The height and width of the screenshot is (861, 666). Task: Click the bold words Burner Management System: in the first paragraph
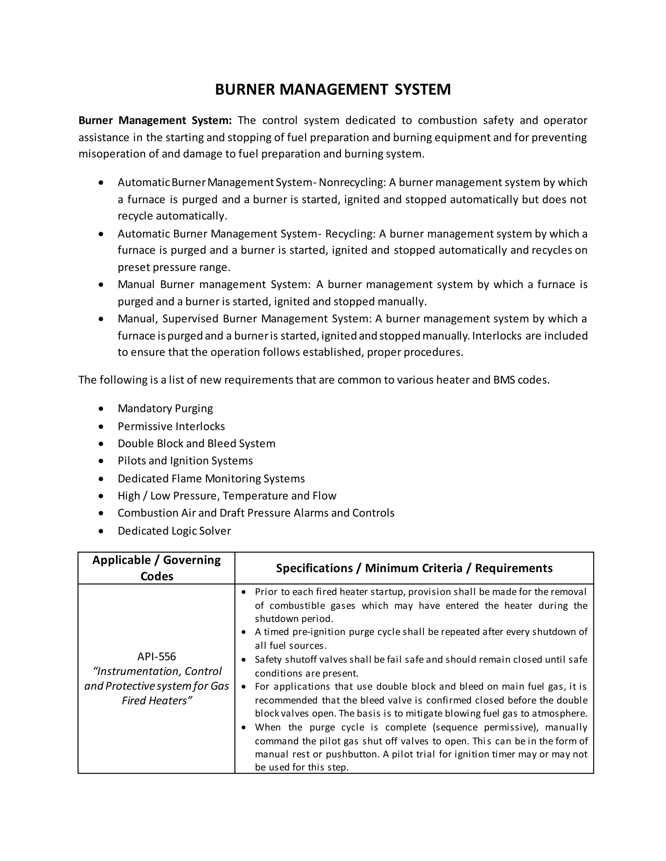[x=155, y=120]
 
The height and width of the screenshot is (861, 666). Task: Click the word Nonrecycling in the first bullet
[x=352, y=183]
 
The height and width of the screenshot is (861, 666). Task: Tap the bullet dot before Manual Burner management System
[x=101, y=285]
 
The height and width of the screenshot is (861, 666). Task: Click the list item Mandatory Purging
[x=165, y=408]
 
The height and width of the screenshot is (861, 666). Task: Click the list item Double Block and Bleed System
[x=196, y=443]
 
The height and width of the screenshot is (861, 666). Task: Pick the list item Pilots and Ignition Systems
[x=185, y=461]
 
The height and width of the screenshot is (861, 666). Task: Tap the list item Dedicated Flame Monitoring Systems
[x=211, y=479]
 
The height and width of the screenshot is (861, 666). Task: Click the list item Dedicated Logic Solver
[x=174, y=531]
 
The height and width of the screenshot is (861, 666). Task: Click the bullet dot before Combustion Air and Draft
[x=101, y=513]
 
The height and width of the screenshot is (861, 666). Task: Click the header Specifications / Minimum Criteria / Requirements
[x=414, y=568]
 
